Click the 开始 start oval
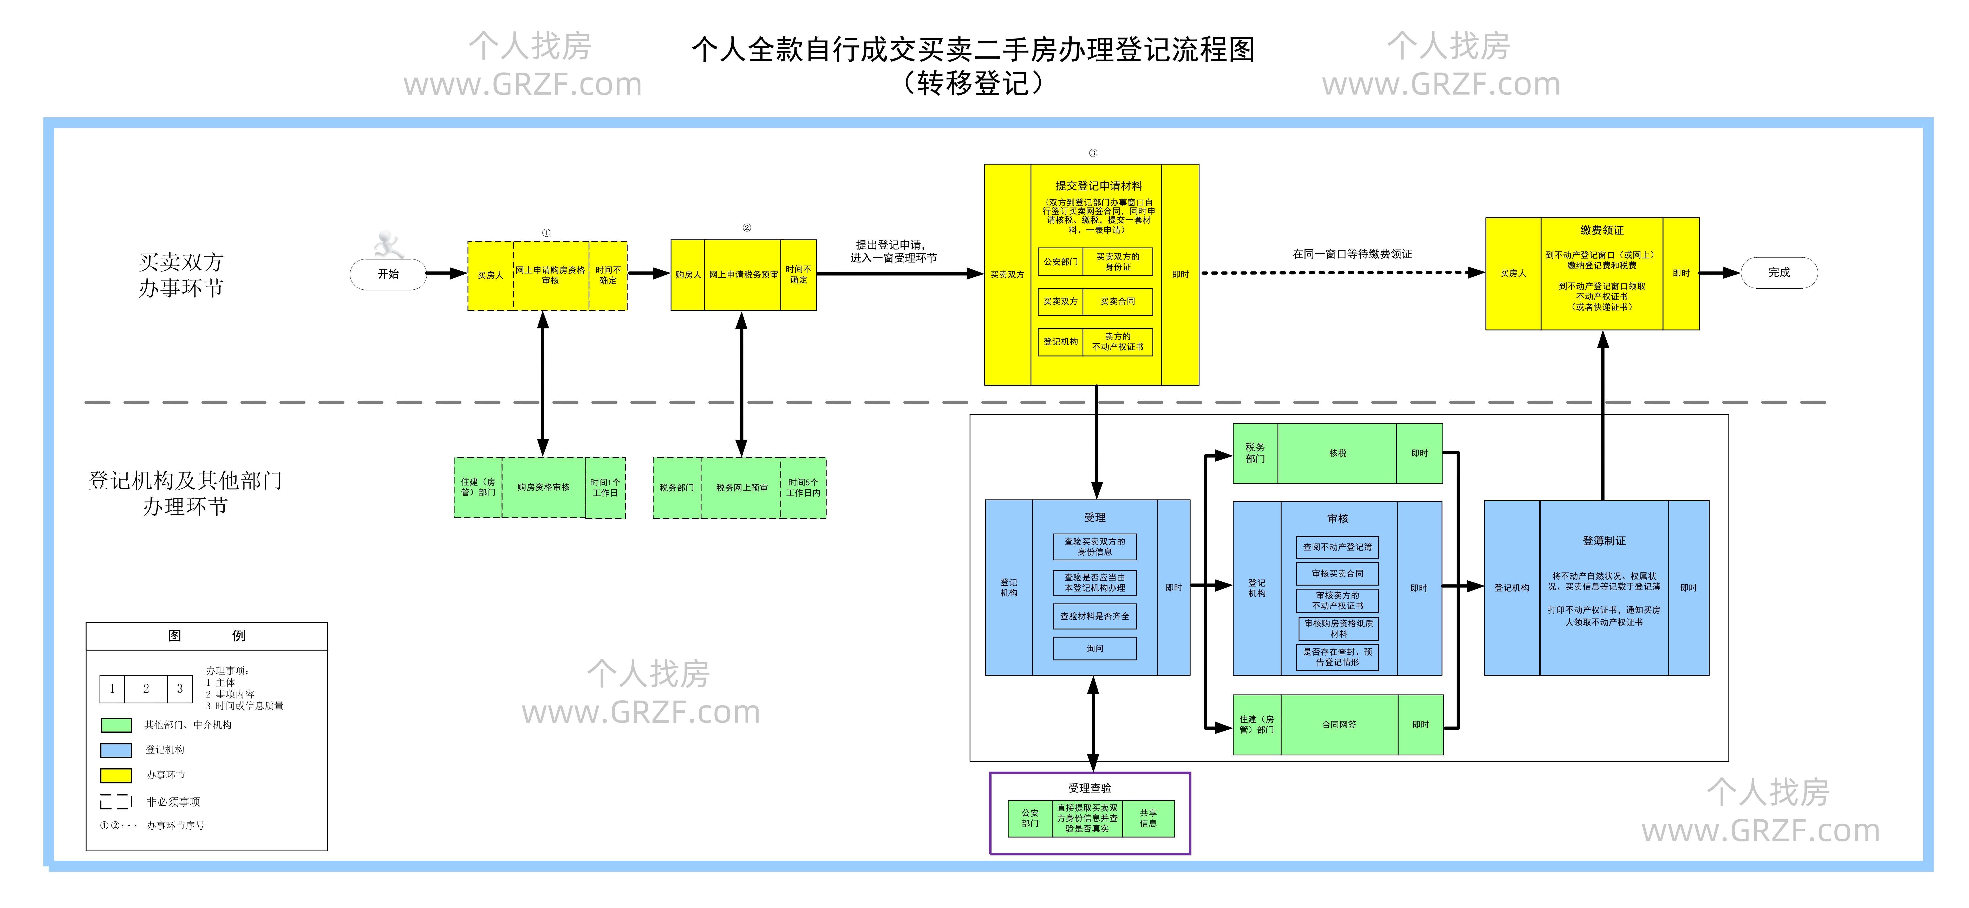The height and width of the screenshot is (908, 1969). [388, 274]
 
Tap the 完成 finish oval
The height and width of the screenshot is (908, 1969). [1779, 273]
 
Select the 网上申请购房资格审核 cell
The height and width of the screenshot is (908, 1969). [550, 275]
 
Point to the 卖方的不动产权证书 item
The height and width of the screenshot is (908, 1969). [1118, 342]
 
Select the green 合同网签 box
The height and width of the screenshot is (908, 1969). [1338, 725]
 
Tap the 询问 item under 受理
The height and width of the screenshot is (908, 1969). [1094, 648]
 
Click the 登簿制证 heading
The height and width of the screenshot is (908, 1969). [1604, 540]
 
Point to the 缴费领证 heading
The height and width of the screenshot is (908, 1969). [1601, 230]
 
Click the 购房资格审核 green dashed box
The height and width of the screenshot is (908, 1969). [543, 488]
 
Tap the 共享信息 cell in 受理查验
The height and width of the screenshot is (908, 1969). [1148, 819]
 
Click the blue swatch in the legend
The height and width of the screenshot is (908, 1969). [116, 750]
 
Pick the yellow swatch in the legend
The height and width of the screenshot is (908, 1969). [116, 775]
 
